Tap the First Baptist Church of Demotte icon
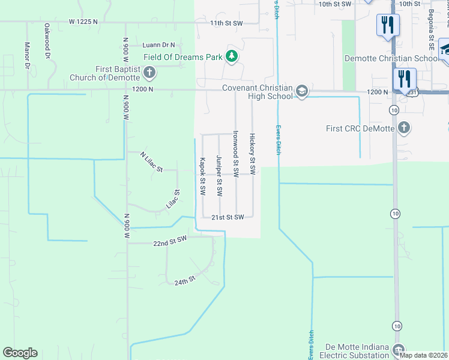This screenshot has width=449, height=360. point(149,73)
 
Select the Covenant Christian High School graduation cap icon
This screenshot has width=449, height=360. point(302,92)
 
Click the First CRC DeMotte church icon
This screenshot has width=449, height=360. point(405,128)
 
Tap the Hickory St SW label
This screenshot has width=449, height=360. point(253,154)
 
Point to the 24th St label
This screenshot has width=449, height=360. point(185,281)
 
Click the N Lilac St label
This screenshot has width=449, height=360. point(151,162)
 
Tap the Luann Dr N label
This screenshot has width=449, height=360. point(158,45)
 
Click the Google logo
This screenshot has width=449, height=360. point(20,353)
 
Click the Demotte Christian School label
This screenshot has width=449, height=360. point(391,58)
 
